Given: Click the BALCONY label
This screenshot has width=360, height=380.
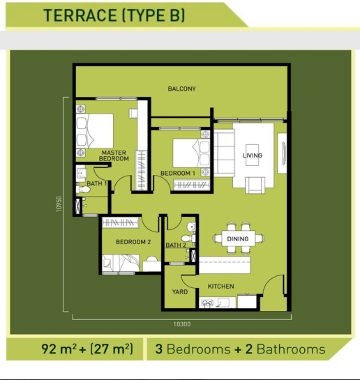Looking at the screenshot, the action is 181,89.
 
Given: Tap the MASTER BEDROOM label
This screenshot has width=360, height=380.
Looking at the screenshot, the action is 114,155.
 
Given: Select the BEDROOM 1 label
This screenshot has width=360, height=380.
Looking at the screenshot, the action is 178,174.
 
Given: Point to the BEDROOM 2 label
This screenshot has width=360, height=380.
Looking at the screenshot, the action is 133,242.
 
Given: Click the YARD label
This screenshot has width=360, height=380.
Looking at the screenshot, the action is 180,291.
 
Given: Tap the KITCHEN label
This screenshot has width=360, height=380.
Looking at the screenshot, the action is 221,286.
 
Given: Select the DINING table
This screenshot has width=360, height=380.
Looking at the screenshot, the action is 238,238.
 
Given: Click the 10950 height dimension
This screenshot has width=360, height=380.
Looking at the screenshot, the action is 59,204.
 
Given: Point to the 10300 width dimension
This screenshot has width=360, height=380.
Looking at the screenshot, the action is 182,324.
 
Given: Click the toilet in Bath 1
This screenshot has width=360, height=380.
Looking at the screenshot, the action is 82,189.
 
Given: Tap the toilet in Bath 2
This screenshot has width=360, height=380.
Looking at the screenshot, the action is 188,238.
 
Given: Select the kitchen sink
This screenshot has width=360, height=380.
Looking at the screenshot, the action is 207,303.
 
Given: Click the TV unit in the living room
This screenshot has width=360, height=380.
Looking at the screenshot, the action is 282,153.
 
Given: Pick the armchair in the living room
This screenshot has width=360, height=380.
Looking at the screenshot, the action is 255,185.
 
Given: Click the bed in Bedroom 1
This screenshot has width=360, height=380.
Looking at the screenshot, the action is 191,153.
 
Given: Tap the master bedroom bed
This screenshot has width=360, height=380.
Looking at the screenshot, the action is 95,131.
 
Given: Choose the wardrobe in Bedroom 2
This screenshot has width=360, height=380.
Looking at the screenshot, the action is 120,222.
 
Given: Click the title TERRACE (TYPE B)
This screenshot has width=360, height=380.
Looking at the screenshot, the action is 114,15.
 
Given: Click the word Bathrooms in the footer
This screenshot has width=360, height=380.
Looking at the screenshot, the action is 291,349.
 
